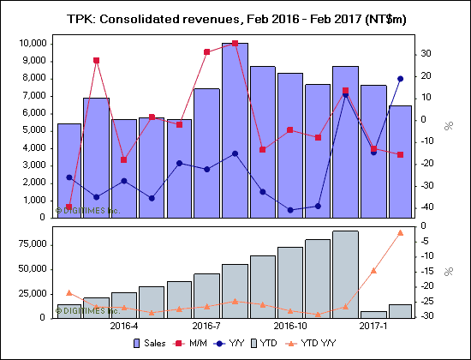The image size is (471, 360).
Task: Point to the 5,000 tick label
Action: [33, 130]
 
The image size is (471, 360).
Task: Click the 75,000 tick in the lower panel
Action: [30, 244]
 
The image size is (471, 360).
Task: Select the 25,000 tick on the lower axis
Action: [30, 293]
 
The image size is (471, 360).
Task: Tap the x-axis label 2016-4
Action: [124, 327]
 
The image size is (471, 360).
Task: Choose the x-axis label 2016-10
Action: [290, 327]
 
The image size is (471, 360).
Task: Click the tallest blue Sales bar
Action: [235, 129]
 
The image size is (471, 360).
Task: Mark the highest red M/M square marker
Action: [235, 43]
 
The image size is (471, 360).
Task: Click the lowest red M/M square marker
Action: [69, 207]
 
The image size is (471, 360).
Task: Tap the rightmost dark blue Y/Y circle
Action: [400, 79]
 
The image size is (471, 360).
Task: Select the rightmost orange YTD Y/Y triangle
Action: [400, 232]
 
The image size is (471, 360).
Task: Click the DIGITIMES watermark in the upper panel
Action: [87, 209]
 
